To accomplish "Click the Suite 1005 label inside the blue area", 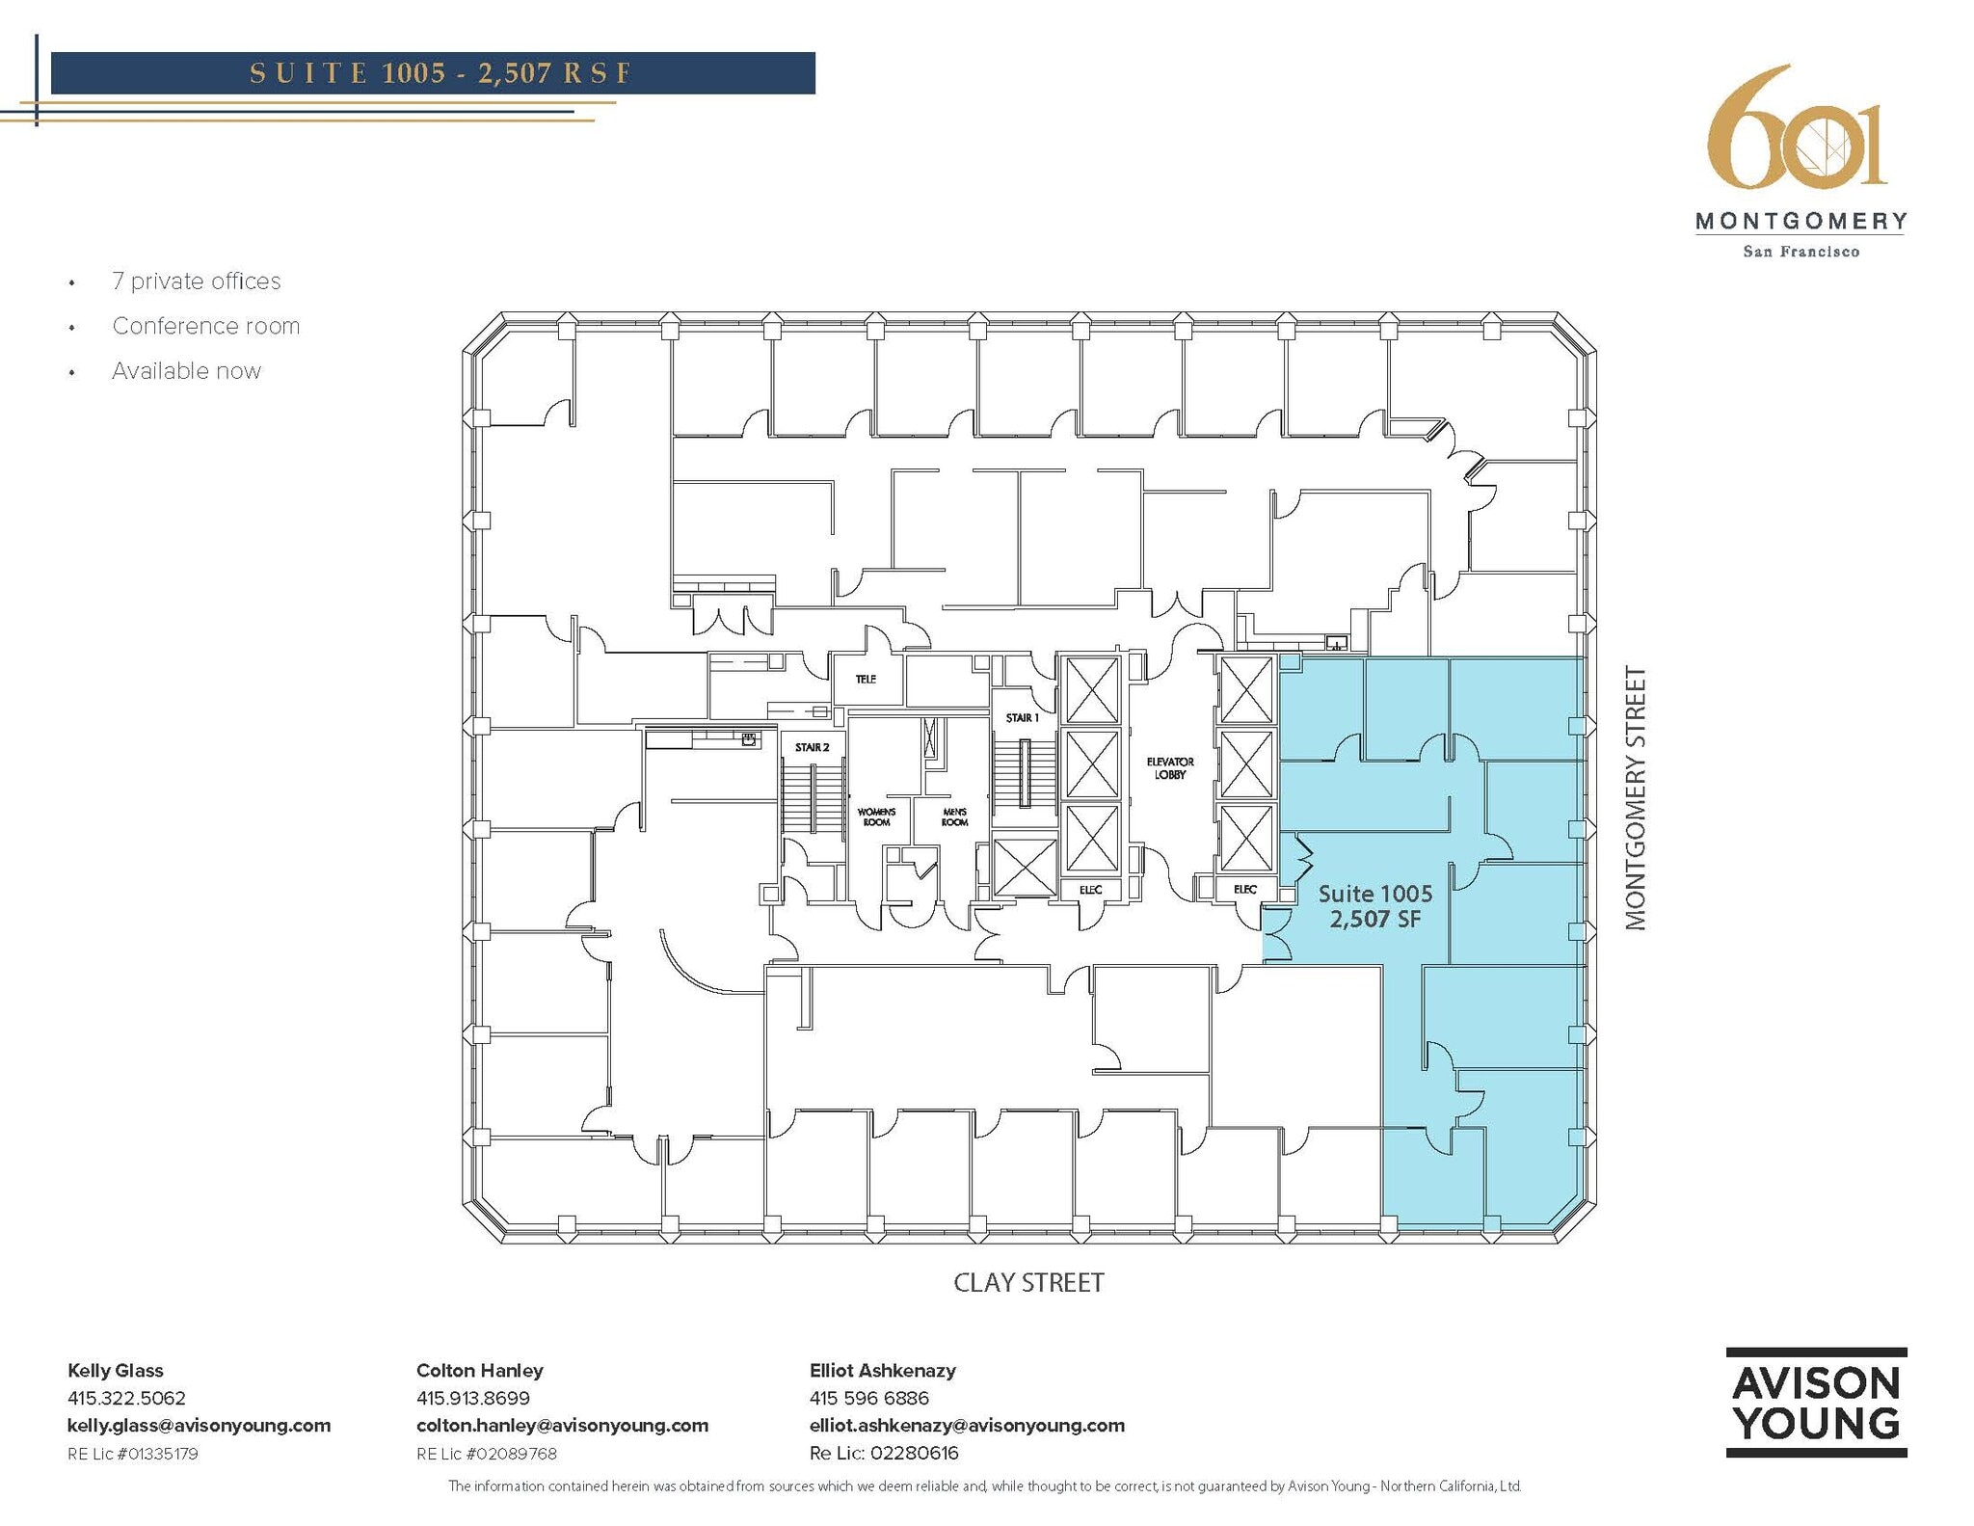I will pos(1374,894).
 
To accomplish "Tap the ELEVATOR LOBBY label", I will pos(1169,768).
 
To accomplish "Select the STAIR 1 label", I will pos(1022,718).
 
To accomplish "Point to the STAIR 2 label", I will pos(812,747).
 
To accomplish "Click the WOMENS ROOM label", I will pos(876,817).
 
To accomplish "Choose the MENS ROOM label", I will pos(954,817).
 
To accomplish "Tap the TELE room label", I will pos(866,680).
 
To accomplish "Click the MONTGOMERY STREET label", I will pos(1635,798).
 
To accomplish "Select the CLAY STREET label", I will pos(1028,1283).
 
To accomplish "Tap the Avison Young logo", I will pos(1816,1402).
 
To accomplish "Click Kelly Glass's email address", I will pos(199,1425).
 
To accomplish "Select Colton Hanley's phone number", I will pos(472,1398).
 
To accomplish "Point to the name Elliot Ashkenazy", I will pos(882,1370).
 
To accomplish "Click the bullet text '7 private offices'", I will pos(196,281).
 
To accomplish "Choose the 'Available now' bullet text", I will pos(186,371).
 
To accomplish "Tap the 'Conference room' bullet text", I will pos(205,327).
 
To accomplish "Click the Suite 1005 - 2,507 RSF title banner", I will pos(433,73).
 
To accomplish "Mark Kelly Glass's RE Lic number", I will pos(133,1454).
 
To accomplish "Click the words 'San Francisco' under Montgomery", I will pos(1801,252).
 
